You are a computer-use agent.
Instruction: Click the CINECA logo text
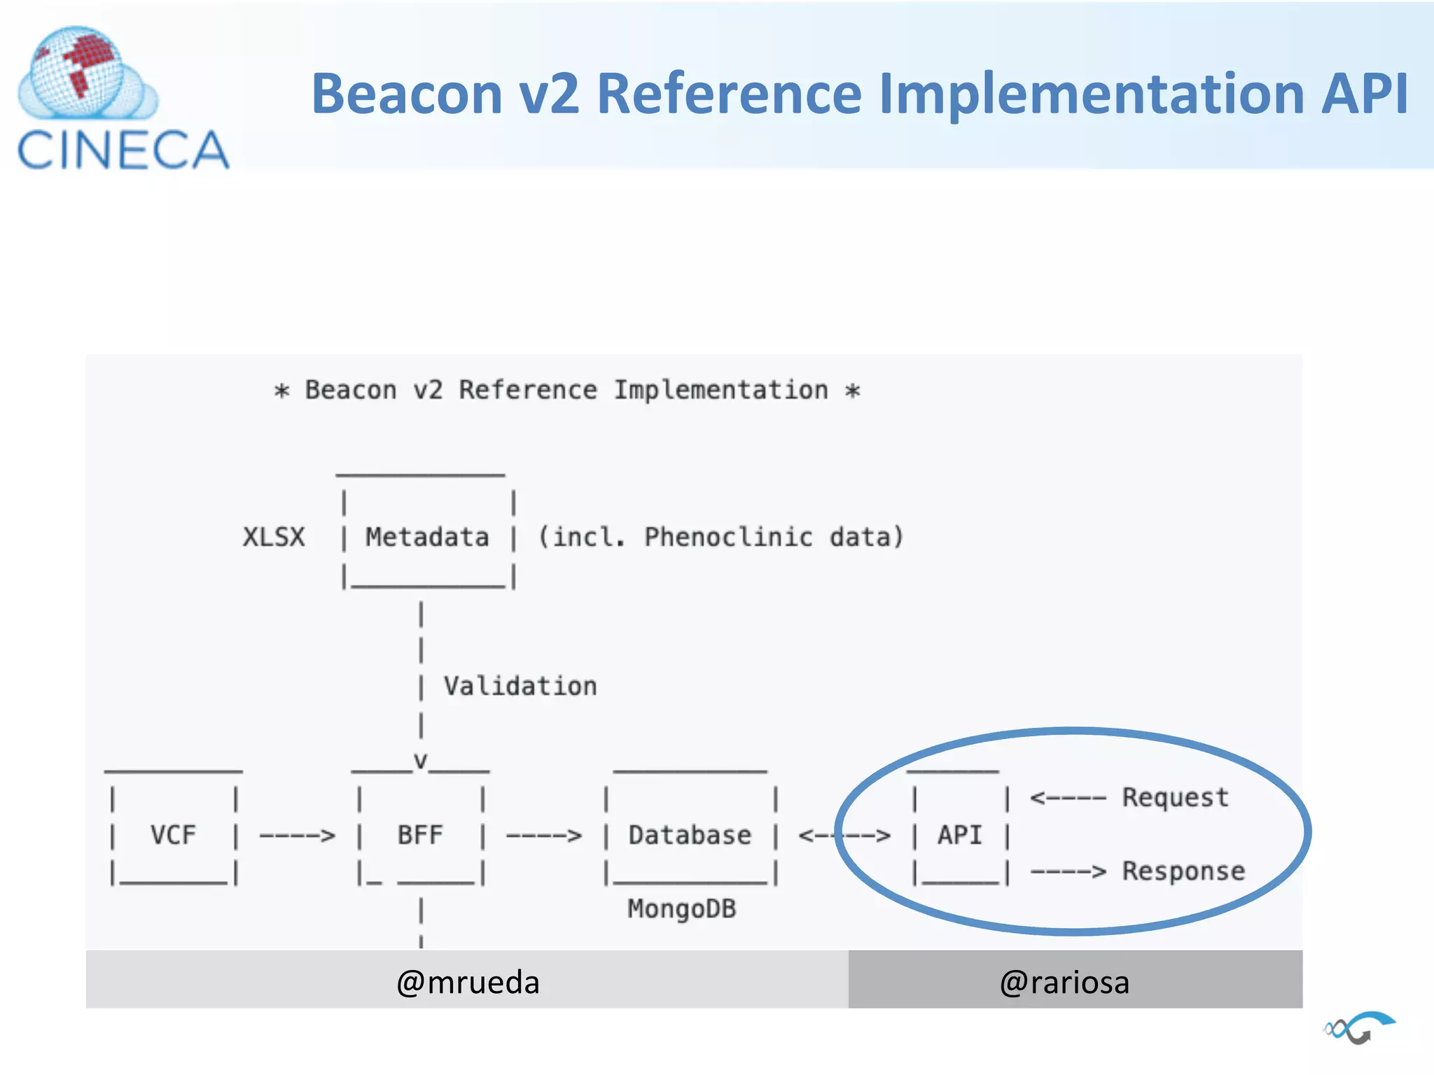[123, 150]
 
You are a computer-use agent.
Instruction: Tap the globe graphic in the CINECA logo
[78, 73]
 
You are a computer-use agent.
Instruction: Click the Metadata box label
[427, 537]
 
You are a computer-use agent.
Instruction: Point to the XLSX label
[274, 537]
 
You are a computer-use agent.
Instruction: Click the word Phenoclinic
[728, 537]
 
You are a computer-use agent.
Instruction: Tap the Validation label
[520, 687]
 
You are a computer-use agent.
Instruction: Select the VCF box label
[173, 835]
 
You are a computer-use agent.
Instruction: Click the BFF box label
[420, 835]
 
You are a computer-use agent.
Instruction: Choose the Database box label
[690, 835]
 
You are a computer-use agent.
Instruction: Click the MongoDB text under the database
[681, 909]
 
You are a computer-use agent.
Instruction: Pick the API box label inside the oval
[960, 835]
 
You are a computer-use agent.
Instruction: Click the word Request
[1176, 798]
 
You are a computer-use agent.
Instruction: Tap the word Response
[1183, 871]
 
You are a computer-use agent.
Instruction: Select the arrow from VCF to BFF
[298, 836]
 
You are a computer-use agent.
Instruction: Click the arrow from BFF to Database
[544, 836]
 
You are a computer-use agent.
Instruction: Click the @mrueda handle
[468, 983]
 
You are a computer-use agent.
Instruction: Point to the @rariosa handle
[1064, 983]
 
